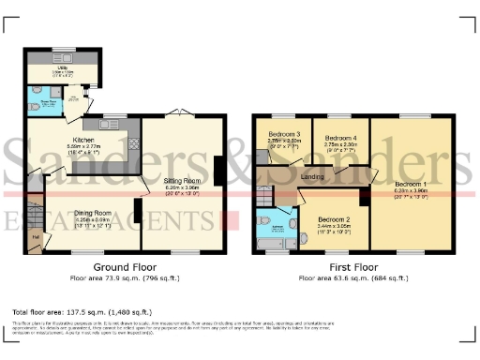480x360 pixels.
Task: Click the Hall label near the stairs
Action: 35,237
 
